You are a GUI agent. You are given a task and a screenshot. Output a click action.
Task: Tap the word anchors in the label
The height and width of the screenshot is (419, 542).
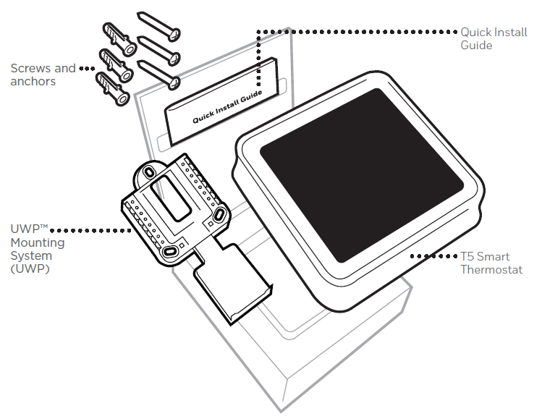click(x=33, y=82)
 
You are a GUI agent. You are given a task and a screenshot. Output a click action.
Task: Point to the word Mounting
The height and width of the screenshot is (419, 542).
click(x=37, y=242)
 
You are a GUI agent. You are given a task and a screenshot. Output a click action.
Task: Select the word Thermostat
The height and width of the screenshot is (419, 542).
click(x=491, y=270)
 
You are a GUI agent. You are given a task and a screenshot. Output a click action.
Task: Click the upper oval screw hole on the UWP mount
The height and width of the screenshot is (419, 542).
click(x=150, y=171)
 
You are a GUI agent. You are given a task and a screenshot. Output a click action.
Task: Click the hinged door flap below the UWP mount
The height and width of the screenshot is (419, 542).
click(x=232, y=286)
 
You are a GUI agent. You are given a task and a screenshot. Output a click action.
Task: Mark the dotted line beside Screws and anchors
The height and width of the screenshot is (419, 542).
click(x=88, y=69)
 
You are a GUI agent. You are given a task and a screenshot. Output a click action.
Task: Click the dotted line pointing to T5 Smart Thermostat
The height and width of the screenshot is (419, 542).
click(x=434, y=256)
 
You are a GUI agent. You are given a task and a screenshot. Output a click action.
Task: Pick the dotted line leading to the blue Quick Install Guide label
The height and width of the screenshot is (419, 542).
click(x=362, y=31)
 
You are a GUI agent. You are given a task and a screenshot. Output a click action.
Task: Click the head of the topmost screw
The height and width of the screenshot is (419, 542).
click(x=176, y=33)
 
